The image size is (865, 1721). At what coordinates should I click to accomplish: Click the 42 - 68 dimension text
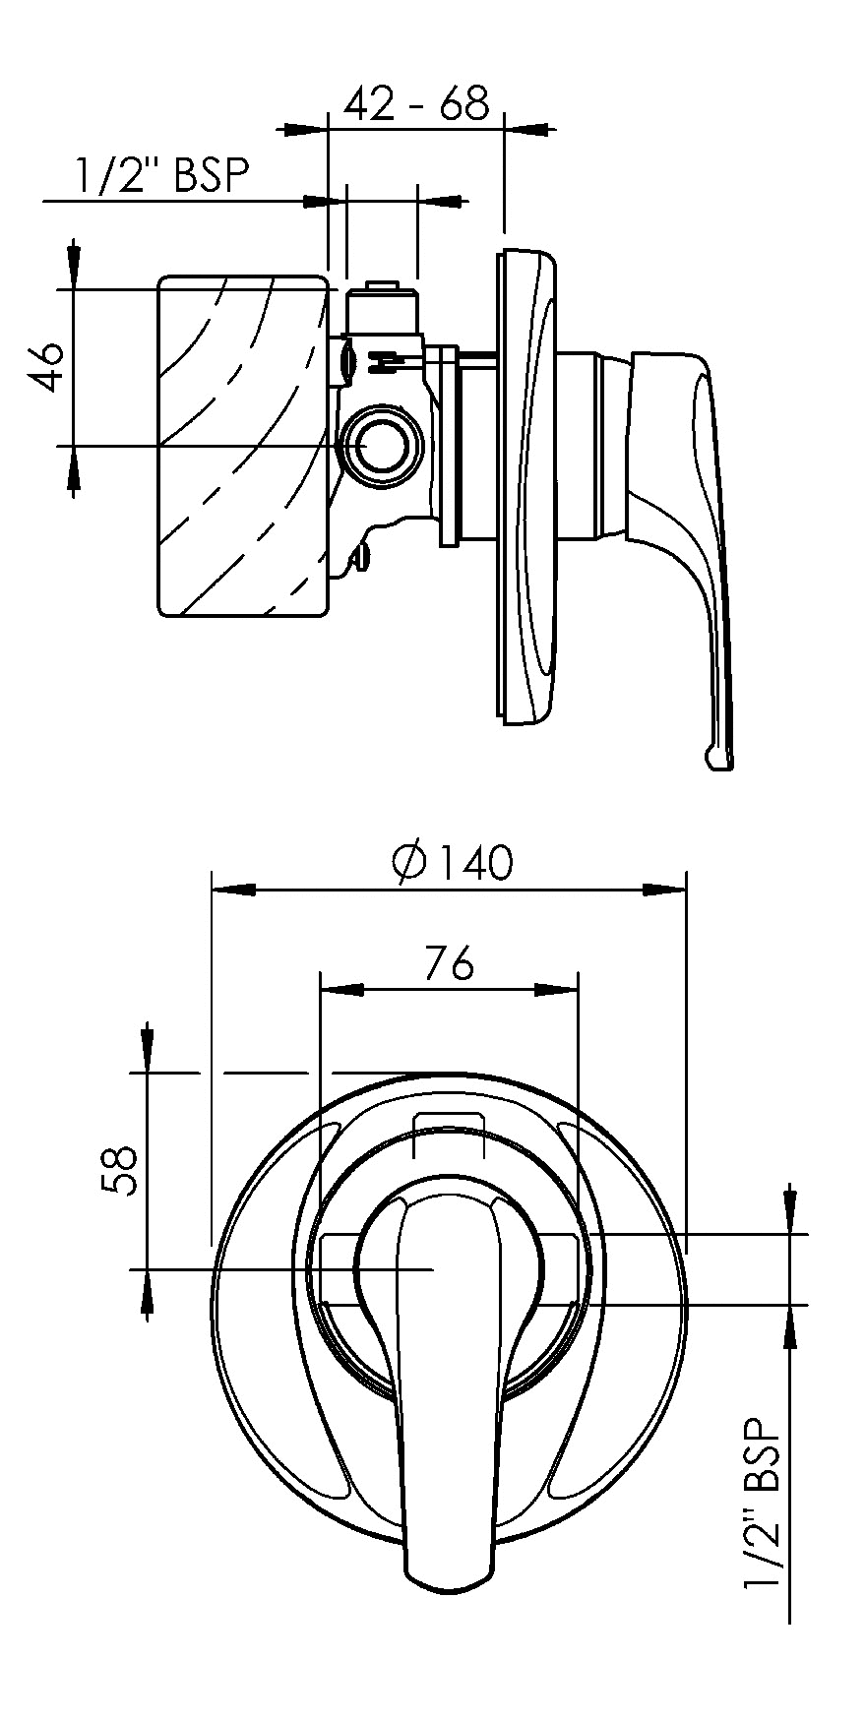point(416,102)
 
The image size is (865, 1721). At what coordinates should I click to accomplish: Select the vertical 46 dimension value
point(49,366)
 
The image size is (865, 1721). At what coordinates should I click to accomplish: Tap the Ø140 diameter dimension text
point(452,862)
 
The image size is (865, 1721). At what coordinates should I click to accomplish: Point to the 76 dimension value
point(450,962)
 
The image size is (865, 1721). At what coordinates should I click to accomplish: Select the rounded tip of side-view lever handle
point(718,758)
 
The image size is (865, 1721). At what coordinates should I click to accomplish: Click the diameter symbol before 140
point(406,862)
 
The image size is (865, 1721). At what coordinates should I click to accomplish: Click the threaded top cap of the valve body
point(384,292)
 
